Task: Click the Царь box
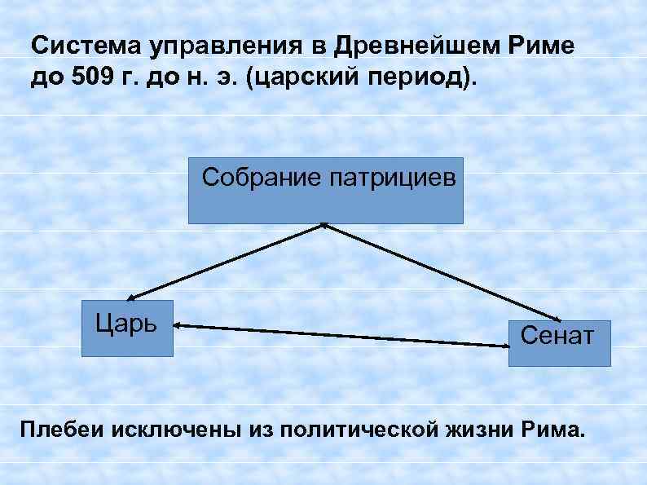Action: coord(128,328)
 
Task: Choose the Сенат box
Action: coord(560,336)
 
